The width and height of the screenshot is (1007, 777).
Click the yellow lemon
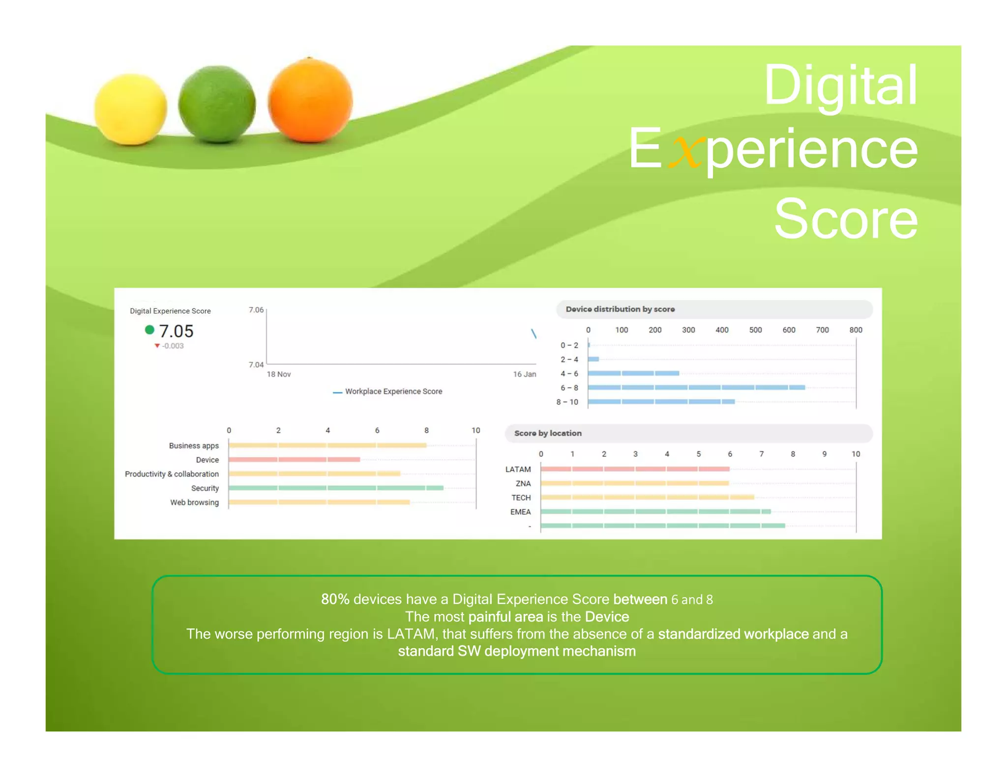click(x=130, y=109)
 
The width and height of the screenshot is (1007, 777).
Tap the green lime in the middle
click(x=217, y=104)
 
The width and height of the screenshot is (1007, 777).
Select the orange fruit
click(x=310, y=100)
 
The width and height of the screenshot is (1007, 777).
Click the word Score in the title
click(x=845, y=219)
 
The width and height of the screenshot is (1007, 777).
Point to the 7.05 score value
click(x=176, y=331)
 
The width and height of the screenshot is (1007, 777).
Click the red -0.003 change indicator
click(x=170, y=346)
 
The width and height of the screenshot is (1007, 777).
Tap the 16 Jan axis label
click(x=524, y=374)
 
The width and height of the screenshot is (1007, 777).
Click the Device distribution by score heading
click(x=620, y=309)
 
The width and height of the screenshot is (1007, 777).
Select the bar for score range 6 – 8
click(x=696, y=388)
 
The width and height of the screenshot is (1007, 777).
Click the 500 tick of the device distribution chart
click(x=755, y=330)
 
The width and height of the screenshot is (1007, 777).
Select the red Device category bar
click(x=294, y=460)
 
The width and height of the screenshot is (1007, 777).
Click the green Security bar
click(x=336, y=488)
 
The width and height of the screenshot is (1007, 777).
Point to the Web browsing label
click(x=194, y=502)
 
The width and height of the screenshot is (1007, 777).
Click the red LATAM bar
click(x=634, y=469)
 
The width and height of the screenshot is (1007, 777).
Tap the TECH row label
click(x=521, y=498)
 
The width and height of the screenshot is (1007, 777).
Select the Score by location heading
click(x=548, y=433)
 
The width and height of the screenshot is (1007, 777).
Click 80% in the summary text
click(x=335, y=599)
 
